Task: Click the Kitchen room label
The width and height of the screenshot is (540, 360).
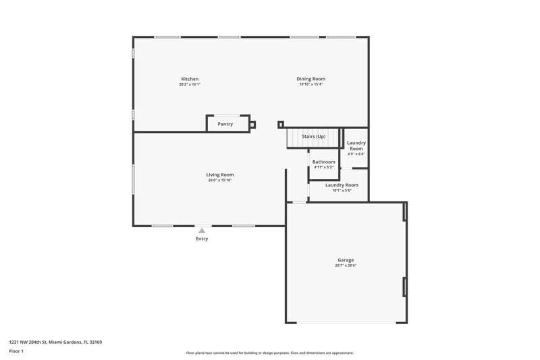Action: click(x=190, y=79)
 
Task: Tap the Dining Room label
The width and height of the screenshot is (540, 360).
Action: click(x=311, y=79)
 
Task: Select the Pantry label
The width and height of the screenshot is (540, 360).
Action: click(x=225, y=124)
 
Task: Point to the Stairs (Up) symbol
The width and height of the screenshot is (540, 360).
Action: click(x=313, y=137)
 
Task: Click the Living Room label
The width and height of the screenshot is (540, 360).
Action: click(x=220, y=175)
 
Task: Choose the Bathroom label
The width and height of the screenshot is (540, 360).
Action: click(x=323, y=162)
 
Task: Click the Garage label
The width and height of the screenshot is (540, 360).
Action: click(x=346, y=260)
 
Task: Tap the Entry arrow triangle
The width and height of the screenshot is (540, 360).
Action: click(x=202, y=231)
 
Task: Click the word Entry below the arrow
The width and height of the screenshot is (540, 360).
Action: click(x=202, y=238)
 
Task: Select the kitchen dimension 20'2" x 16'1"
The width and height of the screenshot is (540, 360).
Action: click(x=190, y=84)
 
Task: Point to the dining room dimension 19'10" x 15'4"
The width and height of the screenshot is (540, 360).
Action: click(x=311, y=84)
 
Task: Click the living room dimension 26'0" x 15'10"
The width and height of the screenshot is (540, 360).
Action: click(x=220, y=180)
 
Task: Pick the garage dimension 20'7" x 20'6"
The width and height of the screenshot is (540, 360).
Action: click(x=346, y=265)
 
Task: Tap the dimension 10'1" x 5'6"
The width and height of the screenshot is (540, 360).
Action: click(x=342, y=190)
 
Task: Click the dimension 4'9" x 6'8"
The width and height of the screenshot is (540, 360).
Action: click(x=356, y=154)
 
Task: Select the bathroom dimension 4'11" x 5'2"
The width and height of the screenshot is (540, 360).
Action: click(x=323, y=168)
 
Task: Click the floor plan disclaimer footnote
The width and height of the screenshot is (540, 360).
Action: click(x=269, y=353)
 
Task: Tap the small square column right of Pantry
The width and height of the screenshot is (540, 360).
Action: click(x=252, y=124)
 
